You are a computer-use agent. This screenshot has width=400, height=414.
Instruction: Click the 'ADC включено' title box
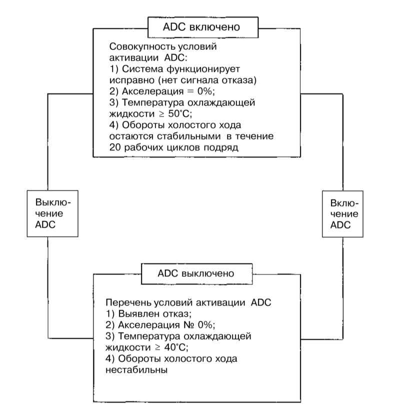[203, 27]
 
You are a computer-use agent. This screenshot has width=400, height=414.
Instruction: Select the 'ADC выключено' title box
[196, 274]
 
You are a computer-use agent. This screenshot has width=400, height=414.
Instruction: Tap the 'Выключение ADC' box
[52, 213]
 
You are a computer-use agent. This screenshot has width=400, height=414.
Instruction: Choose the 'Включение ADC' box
[342, 214]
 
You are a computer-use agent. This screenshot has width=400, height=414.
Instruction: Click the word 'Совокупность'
[142, 46]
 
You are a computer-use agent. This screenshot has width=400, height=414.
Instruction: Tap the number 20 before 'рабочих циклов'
[115, 147]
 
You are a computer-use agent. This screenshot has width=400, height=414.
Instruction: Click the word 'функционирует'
[203, 69]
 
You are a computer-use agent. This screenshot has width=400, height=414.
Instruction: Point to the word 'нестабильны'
[136, 370]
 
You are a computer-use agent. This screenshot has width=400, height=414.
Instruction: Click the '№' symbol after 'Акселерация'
[188, 325]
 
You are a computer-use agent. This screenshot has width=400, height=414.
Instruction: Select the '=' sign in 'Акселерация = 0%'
[190, 91]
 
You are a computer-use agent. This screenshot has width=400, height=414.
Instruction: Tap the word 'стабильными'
[189, 136]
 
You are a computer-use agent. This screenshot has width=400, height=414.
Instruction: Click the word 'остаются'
[131, 136]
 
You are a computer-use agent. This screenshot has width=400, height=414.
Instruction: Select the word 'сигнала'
[199, 80]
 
